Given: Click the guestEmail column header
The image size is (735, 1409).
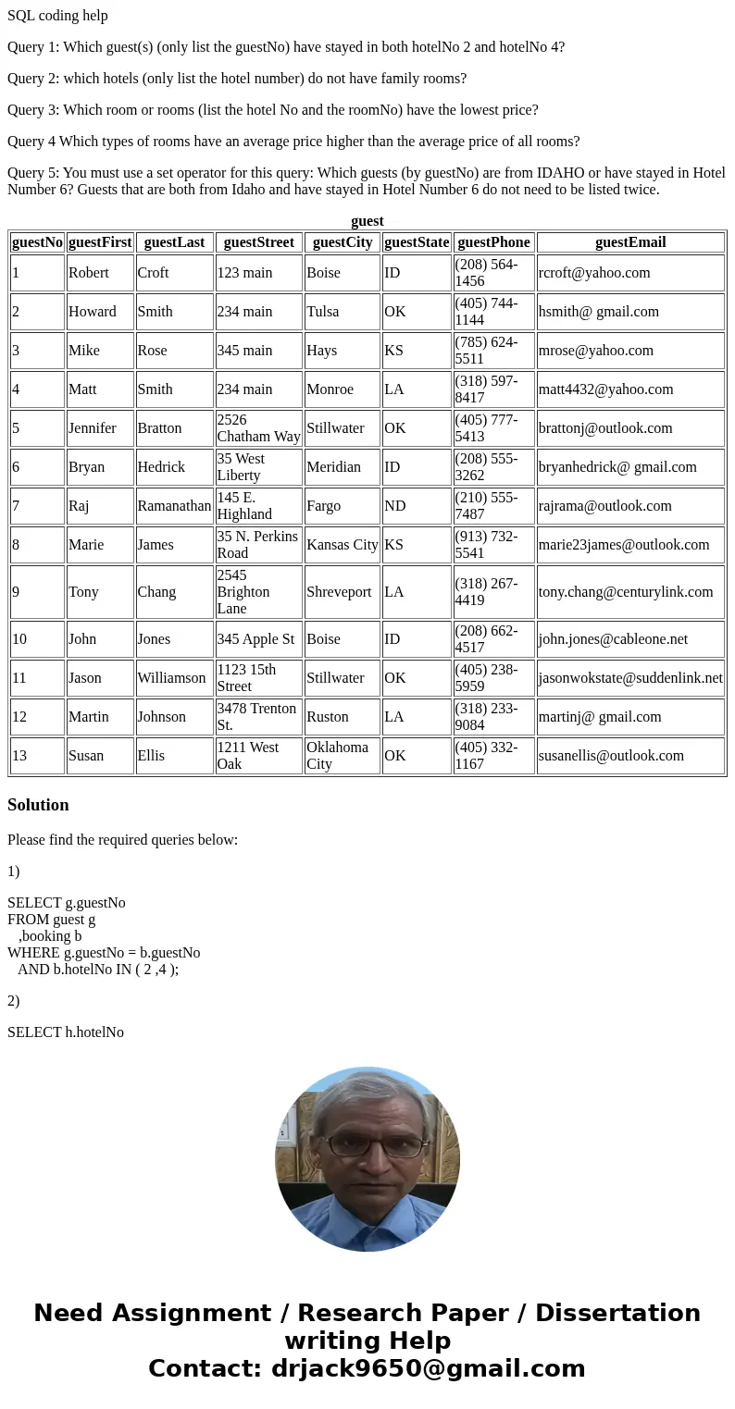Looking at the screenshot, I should [x=629, y=242].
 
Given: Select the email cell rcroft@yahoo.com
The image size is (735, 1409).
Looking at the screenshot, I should [x=594, y=273].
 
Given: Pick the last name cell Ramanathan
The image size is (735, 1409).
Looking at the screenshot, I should [x=174, y=506].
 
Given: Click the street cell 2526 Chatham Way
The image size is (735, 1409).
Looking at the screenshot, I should [x=258, y=428].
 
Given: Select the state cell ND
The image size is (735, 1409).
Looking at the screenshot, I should [x=394, y=506].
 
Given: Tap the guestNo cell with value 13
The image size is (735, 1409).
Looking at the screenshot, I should [x=19, y=756].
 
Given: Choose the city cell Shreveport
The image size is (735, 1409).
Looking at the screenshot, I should [x=339, y=592].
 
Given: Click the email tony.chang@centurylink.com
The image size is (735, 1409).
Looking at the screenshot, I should [x=626, y=592].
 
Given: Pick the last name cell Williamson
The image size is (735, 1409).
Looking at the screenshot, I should [x=171, y=678].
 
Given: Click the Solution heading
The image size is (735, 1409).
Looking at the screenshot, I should [x=38, y=805].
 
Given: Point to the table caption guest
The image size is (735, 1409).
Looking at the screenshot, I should [x=367, y=221].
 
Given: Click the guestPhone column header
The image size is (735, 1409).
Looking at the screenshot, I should [x=493, y=242].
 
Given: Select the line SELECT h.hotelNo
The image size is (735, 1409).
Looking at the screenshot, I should [x=66, y=1032].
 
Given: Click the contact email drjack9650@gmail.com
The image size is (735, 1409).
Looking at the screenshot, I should [x=428, y=1369].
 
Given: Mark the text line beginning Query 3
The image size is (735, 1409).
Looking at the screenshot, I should [x=272, y=110].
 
